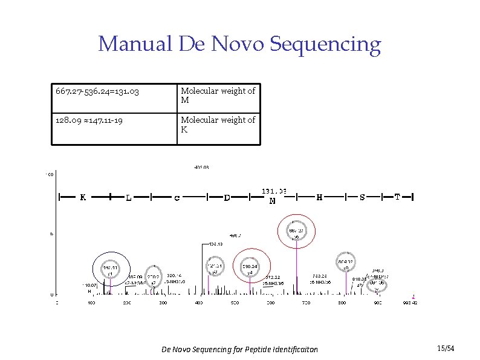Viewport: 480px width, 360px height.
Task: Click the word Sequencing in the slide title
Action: pos(325,44)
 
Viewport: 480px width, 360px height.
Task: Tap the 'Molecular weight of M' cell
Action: pos(218,96)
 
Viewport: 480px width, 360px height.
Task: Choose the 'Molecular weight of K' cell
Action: pos(218,125)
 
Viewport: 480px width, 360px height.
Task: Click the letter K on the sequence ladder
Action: pos(83,197)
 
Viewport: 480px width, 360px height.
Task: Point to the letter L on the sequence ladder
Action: pos(129,197)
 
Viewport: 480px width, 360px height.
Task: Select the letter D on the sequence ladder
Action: pos(227,197)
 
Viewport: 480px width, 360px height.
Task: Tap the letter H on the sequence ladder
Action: pos(319,197)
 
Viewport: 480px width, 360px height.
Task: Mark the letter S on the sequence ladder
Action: pos(362,197)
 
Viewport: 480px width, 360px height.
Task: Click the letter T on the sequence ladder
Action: pos(397,197)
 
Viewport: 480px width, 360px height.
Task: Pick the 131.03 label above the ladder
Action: pos(274,191)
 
